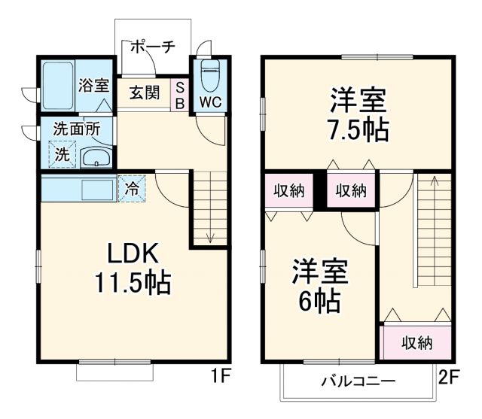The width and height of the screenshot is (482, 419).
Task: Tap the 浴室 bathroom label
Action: pyautogui.click(x=93, y=84)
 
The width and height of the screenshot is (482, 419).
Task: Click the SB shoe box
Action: pyautogui.click(x=181, y=94)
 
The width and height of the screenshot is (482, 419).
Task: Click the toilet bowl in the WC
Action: pyautogui.click(x=210, y=75)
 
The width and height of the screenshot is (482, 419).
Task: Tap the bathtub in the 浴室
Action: pyautogui.click(x=56, y=87)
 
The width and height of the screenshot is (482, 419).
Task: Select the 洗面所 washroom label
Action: pyautogui.click(x=76, y=129)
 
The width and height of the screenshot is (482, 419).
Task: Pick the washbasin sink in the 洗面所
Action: pyautogui.click(x=96, y=159)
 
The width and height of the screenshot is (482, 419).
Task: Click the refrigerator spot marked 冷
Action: pyautogui.click(x=131, y=188)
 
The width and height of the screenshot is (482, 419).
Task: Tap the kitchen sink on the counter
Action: pyautogui.click(x=96, y=188)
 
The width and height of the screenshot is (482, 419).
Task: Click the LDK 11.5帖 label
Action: pyautogui.click(x=132, y=269)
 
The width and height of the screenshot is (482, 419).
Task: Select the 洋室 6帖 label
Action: pyautogui.click(x=316, y=286)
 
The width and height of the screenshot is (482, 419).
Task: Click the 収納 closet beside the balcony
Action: pyautogui.click(x=416, y=343)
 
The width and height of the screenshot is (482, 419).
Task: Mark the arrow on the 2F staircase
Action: pyautogui.click(x=434, y=181)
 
